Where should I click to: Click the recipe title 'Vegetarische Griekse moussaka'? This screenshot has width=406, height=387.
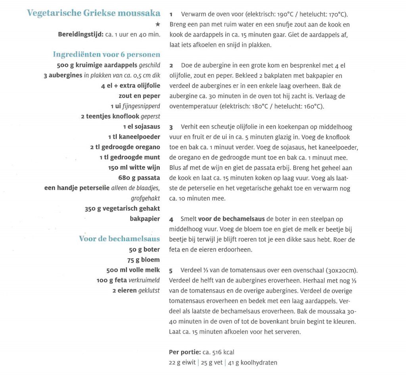(94, 13)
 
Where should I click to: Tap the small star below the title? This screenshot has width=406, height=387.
(157, 25)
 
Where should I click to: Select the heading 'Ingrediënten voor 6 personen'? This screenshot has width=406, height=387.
(106, 54)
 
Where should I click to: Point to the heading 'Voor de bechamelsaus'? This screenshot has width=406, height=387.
(119, 239)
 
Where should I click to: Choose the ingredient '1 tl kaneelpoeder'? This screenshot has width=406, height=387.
(134, 137)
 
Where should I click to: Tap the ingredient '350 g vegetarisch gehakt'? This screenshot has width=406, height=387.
(122, 208)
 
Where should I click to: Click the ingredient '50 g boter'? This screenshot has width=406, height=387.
(144, 250)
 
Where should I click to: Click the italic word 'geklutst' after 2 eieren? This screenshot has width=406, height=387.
(149, 290)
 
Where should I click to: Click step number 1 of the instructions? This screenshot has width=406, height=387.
(171, 14)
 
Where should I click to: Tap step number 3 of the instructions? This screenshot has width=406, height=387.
(171, 127)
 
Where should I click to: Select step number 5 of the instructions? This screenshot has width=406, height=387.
(171, 271)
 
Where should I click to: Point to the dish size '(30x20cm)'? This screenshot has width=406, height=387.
(341, 271)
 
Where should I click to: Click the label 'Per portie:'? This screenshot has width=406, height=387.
(185, 352)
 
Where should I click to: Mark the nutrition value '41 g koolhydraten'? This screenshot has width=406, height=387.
(253, 362)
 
